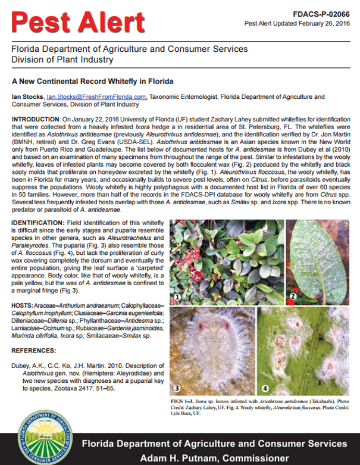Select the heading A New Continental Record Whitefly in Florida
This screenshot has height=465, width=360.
pos(93,81)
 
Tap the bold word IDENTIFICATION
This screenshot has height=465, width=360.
pos(37,222)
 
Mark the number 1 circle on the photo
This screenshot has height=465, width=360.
pos(177,296)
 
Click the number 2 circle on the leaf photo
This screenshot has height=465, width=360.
pos(293,296)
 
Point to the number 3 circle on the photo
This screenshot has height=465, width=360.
pos(177,388)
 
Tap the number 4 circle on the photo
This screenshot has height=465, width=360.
pos(264,388)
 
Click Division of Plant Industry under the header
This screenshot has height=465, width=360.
pos(62,60)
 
